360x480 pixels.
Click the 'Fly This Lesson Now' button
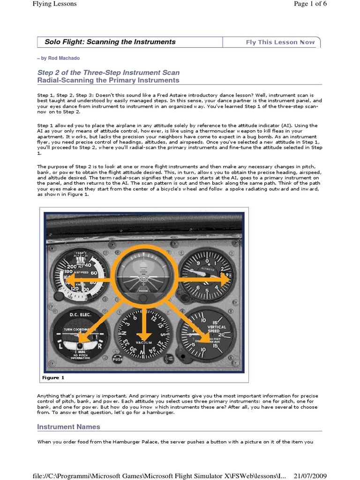point(280,42)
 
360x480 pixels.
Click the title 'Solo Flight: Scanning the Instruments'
point(110,42)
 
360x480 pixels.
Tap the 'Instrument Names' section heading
point(68,427)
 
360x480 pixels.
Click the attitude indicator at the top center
point(143,276)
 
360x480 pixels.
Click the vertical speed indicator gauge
point(206,336)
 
